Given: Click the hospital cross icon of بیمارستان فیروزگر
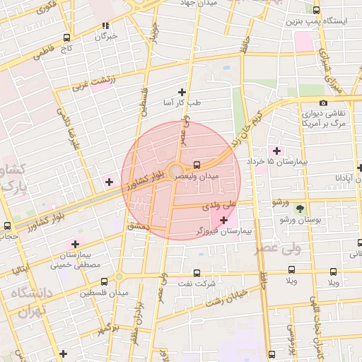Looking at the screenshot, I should tap(224, 221).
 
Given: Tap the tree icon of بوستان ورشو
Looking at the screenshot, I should tap(300, 209).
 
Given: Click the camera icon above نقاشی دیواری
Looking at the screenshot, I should tap(324, 103).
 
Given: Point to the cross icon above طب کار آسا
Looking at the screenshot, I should tap(182, 92).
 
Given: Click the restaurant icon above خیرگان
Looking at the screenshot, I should tap(105, 26).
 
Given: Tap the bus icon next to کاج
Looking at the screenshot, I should tap(66, 38).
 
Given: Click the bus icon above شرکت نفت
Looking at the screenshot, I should tap(196, 273).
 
